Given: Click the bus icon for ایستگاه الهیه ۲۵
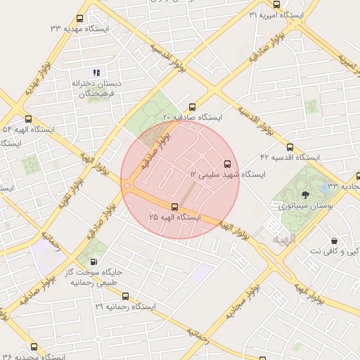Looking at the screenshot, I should click(175, 206).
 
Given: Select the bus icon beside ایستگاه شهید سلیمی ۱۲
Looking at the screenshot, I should click(226, 162).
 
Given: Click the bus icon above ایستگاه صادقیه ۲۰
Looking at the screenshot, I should click(192, 106).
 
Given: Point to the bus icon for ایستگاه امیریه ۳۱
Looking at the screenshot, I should click(252, 15).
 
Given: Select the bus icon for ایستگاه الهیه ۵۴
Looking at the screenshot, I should click(28, 119).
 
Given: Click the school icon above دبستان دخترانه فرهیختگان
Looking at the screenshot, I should click(97, 72).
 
